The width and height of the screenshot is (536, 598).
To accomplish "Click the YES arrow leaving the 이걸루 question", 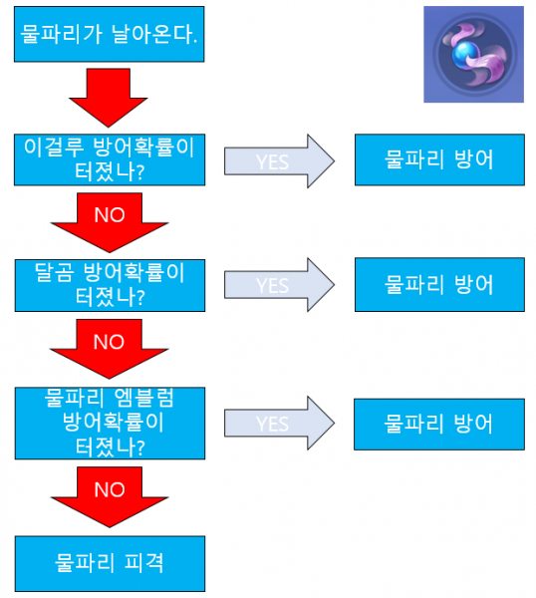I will click(x=279, y=160).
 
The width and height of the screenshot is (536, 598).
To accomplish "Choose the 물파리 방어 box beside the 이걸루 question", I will click(x=438, y=159).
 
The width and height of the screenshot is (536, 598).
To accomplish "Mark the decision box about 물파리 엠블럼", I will click(x=110, y=423).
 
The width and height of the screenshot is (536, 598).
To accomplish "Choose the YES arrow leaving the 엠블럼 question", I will click(x=279, y=423).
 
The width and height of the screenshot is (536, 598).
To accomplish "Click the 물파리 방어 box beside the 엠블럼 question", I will click(x=438, y=423).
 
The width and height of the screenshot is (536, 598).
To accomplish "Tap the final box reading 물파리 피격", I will click(x=110, y=562).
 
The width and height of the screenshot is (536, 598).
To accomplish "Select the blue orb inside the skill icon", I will click(x=465, y=59).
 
